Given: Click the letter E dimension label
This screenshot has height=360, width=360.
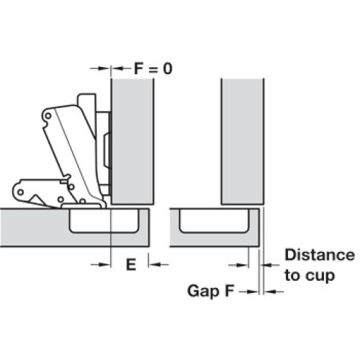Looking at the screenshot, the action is pos(131,265).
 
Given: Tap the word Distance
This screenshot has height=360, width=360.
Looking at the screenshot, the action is pos(320,255).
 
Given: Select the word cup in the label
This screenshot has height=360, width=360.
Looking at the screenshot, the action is pos(320,276).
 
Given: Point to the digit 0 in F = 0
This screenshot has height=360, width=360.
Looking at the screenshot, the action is pos(168,68).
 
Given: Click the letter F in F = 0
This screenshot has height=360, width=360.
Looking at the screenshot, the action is pos(138,68).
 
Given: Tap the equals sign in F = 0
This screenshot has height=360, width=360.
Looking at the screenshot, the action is pos(153,70).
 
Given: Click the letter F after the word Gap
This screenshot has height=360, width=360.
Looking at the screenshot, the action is pos(229,290).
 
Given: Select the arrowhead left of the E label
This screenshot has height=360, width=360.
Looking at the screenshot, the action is pos(106,265).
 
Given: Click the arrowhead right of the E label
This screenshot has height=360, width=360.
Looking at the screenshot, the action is pos(154,265).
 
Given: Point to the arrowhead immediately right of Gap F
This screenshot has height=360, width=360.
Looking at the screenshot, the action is pos(253,292).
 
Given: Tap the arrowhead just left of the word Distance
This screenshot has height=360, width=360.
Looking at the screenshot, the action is pos(266,265).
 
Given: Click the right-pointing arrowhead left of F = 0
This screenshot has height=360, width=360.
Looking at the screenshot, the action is pos(105,68).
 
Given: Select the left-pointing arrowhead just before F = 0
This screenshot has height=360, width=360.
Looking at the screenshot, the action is pos(118,68).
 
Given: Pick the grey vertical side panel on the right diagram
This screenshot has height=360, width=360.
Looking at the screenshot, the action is pos(243,142).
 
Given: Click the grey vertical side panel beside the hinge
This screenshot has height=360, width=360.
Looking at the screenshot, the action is pos(132,142).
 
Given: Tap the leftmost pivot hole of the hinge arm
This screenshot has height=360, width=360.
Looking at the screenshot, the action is pos(21,192).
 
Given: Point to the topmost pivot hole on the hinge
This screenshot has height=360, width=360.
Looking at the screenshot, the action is pos(48,116).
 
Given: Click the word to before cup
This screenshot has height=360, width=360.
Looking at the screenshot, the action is pos(293,275).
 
